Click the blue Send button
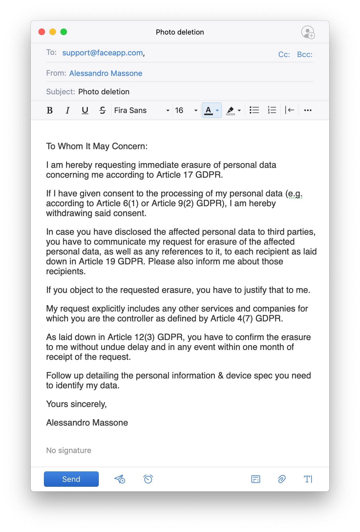71,479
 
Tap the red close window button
42,32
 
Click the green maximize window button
64,32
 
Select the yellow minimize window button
53,32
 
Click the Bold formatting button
50,110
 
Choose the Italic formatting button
67,110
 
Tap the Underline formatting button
85,110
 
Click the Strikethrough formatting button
102,110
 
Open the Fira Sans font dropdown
142,110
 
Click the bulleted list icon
254,110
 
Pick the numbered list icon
272,110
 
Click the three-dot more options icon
308,110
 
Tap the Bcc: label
305,55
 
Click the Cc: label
284,55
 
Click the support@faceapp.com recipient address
103,53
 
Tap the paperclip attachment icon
282,479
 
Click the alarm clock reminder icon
148,479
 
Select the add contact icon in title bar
308,32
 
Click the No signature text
69,450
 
